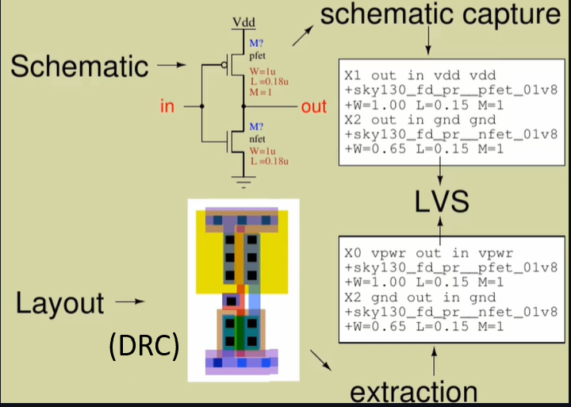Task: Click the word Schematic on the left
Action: [x=79, y=67]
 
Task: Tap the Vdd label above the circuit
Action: [x=244, y=22]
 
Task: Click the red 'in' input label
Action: [x=167, y=106]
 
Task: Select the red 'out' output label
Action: [x=313, y=107]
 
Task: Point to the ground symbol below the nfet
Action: [x=243, y=182]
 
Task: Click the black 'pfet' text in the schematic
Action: [x=258, y=56]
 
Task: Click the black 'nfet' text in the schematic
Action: [x=257, y=139]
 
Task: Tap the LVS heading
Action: [x=442, y=202]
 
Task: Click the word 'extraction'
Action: [x=414, y=393]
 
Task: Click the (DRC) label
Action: [x=144, y=346]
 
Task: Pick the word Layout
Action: [x=60, y=303]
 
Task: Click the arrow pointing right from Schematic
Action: [x=171, y=65]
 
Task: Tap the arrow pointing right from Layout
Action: [x=130, y=301]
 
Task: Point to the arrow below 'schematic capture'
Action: [x=428, y=40]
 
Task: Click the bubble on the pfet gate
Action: [x=224, y=65]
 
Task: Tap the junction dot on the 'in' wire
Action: [x=201, y=106]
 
